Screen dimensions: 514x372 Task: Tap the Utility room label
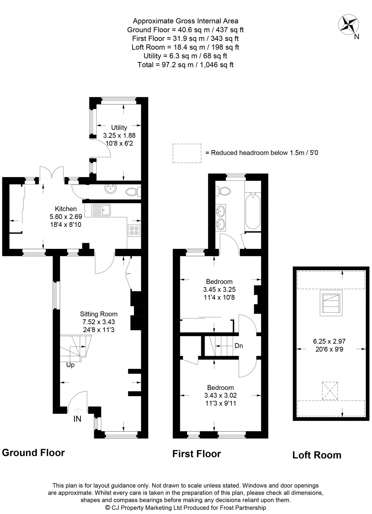pos(119,128)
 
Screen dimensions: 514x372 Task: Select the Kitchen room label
pos(66,209)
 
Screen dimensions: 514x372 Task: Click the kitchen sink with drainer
pos(101,209)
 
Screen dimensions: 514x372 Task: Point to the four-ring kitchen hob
pos(134,231)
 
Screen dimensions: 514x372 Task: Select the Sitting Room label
pos(99,314)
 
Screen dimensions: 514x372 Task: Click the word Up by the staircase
pos(70,365)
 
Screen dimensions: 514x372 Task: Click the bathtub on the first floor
pos(253,211)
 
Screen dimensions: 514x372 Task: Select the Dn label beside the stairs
pos(238,346)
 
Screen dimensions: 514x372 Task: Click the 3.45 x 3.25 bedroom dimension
pos(219,289)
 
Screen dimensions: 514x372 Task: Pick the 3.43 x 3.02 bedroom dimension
pos(220,395)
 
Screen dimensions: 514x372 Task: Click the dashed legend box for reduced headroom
pos(187,153)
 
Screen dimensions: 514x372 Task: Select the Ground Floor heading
pos(33,452)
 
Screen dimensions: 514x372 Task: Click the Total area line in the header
pos(186,65)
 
